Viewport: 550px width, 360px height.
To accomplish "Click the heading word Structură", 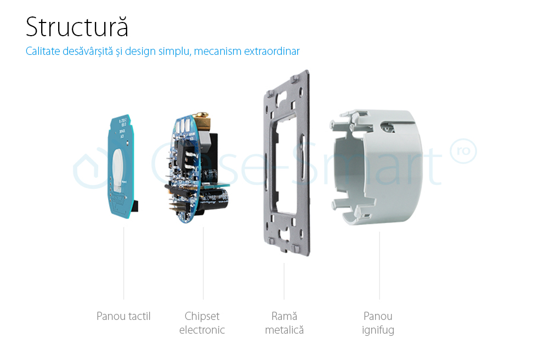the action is click(x=77, y=27).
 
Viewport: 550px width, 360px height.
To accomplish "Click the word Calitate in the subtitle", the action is click(x=43, y=51).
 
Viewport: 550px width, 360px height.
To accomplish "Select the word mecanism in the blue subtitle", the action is click(x=218, y=51).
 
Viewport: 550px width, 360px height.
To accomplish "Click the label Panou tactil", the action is click(x=123, y=316).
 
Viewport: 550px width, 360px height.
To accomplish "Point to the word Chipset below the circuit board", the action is click(x=202, y=316).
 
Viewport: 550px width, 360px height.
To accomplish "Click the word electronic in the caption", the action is click(x=202, y=330).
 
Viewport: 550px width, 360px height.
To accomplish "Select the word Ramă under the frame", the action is click(x=284, y=316).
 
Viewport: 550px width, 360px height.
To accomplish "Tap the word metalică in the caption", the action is click(x=284, y=330).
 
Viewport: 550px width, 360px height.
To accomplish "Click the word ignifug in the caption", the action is click(x=378, y=330).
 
